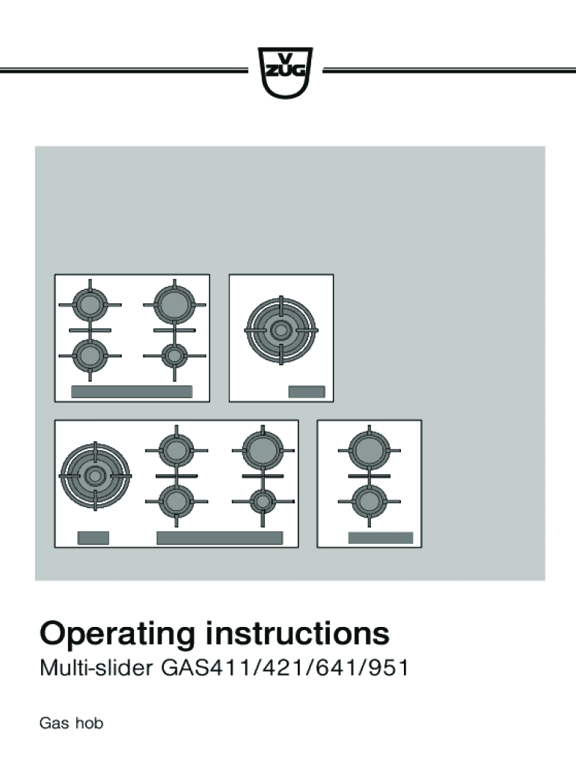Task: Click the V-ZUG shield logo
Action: [285, 73]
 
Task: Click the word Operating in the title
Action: [117, 634]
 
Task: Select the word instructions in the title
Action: [298, 633]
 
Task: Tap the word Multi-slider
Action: [96, 667]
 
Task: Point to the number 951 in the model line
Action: [389, 668]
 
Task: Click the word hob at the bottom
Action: [90, 723]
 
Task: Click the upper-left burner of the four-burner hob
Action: [90, 306]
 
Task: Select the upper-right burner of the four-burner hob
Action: [174, 305]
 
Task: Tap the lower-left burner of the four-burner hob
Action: [90, 356]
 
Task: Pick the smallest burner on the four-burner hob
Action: [174, 356]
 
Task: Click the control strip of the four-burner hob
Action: [132, 392]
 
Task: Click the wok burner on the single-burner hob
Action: [281, 330]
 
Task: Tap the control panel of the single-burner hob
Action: [307, 392]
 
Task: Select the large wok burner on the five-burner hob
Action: [95, 476]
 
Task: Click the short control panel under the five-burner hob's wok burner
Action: [94, 538]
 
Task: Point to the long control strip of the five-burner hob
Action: [220, 538]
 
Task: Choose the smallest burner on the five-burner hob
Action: [263, 501]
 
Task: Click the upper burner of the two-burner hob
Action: [370, 450]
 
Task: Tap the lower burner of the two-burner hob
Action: [370, 501]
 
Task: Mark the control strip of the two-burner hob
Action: [381, 538]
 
